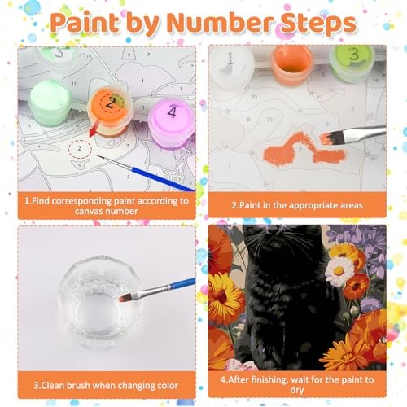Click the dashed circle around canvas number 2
80,148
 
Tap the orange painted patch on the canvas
304,149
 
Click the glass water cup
98,301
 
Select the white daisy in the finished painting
339,271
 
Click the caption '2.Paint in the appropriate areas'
297,205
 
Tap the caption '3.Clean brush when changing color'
106,386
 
